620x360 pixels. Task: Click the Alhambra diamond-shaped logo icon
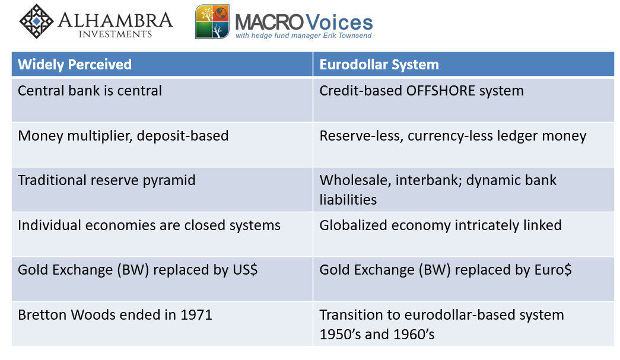tap(36, 21)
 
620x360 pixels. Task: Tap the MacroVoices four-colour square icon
tap(212, 22)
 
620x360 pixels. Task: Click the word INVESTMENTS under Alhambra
tap(115, 34)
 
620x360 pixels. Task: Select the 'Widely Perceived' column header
tap(75, 65)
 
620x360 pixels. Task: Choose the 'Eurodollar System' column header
tap(379, 65)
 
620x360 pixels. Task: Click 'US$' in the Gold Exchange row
tap(245, 270)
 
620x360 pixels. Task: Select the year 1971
tap(196, 315)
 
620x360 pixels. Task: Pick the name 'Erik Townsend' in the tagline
tap(347, 36)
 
